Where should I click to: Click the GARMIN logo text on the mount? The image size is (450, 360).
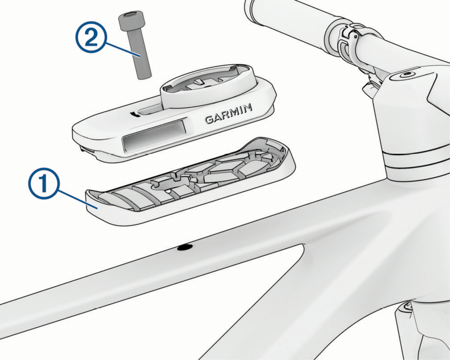[x=229, y=114]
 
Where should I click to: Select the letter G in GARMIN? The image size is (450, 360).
[x=209, y=119]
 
